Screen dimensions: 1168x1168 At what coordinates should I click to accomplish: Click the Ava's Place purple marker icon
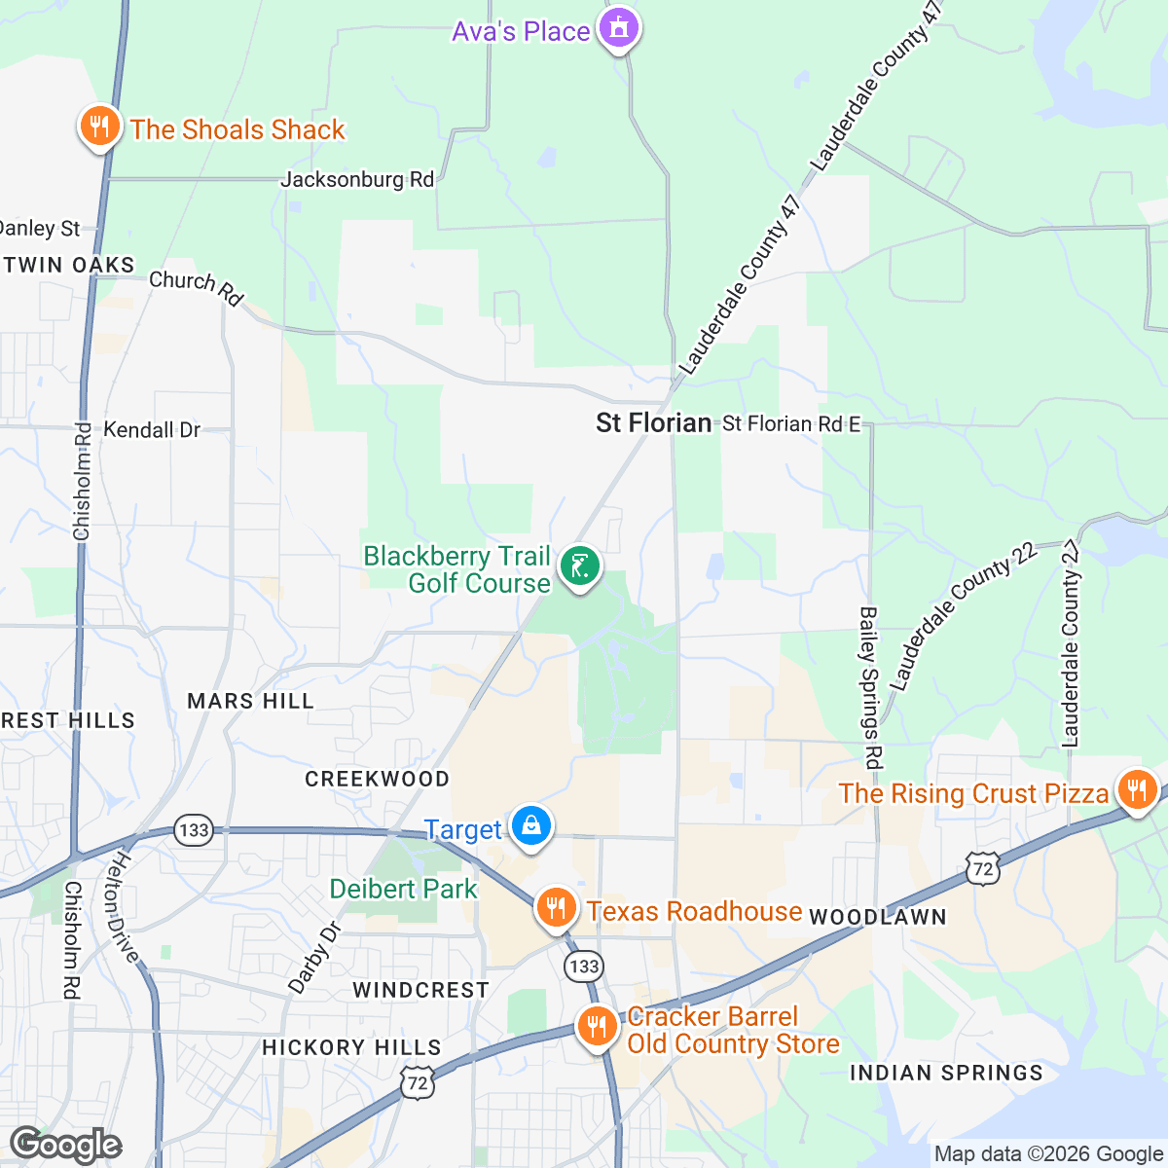tap(619, 28)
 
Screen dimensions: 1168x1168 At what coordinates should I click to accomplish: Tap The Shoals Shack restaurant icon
tap(98, 127)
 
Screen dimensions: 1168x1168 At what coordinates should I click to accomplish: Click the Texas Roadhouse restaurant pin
tap(556, 909)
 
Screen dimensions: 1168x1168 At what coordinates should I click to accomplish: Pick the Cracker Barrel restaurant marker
tap(597, 1027)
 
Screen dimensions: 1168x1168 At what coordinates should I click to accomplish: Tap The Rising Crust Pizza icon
tap(1135, 790)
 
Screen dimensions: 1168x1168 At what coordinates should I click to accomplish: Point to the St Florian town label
tap(653, 422)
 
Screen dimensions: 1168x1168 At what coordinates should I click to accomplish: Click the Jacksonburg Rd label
tap(357, 179)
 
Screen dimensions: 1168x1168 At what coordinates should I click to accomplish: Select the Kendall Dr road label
tap(152, 429)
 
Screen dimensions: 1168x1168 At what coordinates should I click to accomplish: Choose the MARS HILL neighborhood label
tap(250, 701)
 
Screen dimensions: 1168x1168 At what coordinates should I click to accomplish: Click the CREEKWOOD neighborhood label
tap(377, 779)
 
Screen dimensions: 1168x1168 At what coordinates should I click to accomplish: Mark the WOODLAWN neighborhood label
tap(877, 917)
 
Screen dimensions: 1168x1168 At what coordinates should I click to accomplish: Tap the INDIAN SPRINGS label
tap(946, 1073)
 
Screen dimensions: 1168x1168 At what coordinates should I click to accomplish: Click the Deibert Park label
tap(403, 889)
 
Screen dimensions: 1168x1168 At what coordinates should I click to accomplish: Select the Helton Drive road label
tap(125, 906)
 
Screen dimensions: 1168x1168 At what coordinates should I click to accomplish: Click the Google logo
tap(65, 1146)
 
